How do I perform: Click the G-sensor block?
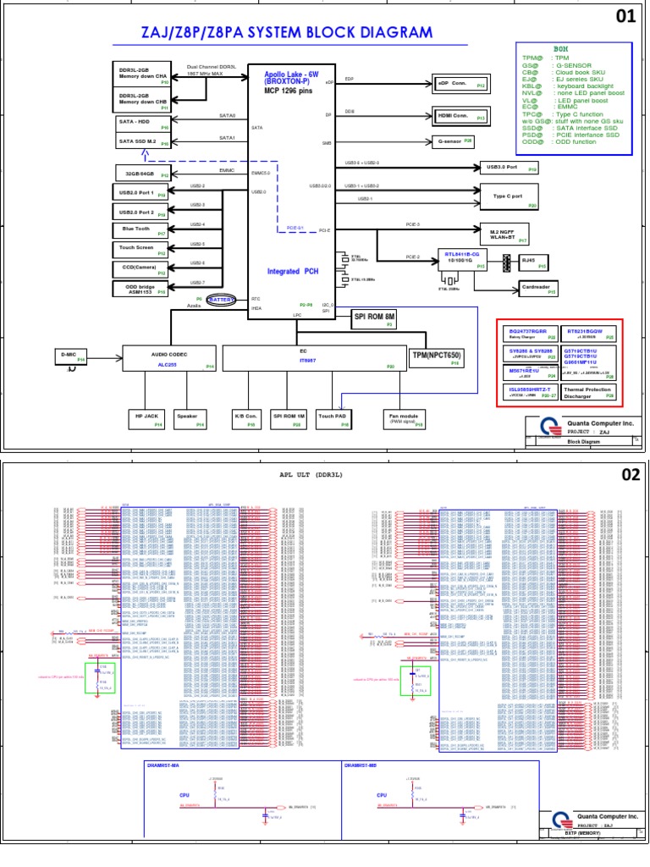click(x=454, y=141)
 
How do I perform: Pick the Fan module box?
click(x=403, y=418)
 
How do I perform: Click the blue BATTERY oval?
click(x=223, y=300)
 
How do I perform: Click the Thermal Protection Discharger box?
click(x=588, y=391)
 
